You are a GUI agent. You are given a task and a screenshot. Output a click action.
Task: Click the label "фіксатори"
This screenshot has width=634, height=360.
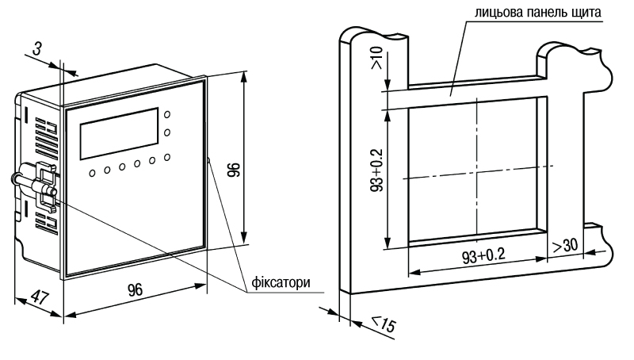point(281,282)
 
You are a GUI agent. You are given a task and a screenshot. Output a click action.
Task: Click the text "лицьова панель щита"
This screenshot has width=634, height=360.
point(538,12)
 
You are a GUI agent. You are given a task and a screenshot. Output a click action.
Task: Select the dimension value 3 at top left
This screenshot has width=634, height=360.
point(36,49)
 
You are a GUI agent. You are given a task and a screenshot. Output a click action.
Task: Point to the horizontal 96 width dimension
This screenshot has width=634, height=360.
point(136,289)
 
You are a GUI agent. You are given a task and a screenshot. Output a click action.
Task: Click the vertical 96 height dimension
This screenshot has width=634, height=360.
point(234,170)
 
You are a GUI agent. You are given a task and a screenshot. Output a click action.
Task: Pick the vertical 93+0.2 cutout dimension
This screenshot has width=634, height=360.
point(377,170)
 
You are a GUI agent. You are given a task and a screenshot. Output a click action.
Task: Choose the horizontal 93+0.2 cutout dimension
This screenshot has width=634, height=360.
point(483,256)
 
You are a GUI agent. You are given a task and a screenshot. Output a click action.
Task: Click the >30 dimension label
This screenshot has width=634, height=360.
point(565,245)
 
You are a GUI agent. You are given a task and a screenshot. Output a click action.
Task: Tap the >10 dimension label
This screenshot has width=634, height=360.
point(376,57)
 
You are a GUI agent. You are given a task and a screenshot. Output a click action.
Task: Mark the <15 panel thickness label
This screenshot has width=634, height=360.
point(383,324)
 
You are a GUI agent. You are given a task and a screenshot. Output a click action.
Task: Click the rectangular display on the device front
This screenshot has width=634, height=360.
point(120,133)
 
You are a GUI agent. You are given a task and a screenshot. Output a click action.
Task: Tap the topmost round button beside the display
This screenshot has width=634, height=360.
point(166,114)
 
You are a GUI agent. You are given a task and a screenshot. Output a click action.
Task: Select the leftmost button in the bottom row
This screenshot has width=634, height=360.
point(93,173)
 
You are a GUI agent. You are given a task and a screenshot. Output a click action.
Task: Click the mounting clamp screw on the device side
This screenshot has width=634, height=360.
point(33,183)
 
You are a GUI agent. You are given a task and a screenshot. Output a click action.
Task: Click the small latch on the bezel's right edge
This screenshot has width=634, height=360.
point(208,161)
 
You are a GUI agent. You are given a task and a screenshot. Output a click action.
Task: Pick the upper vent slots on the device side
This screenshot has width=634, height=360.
point(46,136)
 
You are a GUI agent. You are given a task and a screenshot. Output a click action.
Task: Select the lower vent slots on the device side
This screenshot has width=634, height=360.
point(46,220)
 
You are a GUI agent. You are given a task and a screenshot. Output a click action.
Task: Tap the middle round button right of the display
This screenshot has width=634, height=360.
point(166,132)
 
